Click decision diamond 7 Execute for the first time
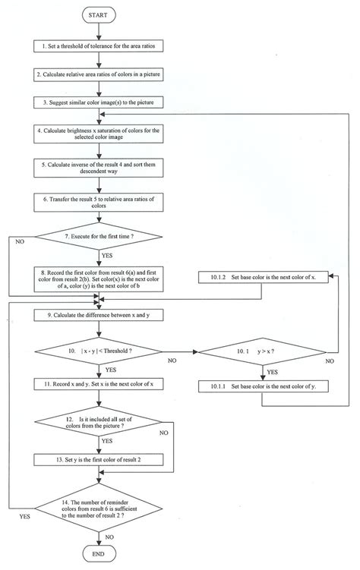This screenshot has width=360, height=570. [100, 237]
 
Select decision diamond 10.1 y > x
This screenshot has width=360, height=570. [262, 351]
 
